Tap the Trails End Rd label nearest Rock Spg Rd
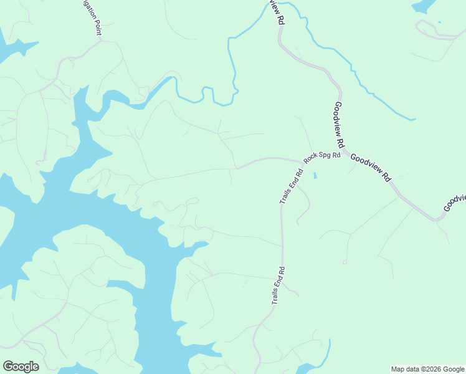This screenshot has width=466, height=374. click(291, 186)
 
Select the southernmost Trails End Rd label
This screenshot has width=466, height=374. click(278, 285)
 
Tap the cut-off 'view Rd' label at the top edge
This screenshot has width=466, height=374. click(277, 11)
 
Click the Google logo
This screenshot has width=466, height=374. click(21, 367)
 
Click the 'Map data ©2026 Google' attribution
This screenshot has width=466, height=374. click(428, 369)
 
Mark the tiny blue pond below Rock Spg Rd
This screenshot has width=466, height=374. click(315, 175)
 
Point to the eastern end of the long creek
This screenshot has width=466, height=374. click(412, 118)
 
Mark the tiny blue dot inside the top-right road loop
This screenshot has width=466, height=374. click(439, 22)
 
